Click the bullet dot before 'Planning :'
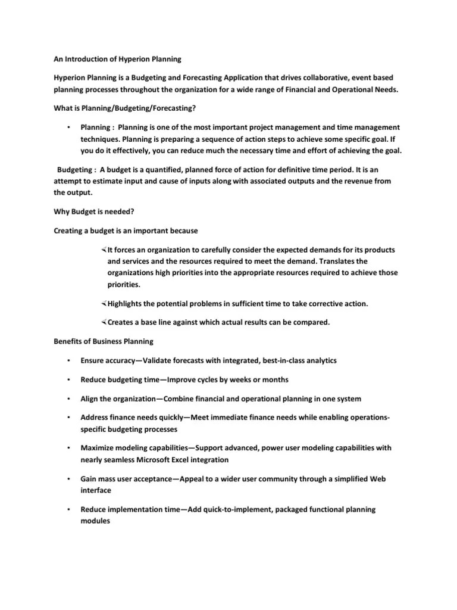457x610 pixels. [x=70, y=127]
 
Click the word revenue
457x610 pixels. [x=364, y=180]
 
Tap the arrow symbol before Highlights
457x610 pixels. [x=104, y=304]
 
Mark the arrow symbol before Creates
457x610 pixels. [x=104, y=322]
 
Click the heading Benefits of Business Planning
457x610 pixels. [x=104, y=341]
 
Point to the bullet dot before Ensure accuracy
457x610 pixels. [x=70, y=360]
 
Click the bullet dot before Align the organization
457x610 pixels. [x=70, y=399]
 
